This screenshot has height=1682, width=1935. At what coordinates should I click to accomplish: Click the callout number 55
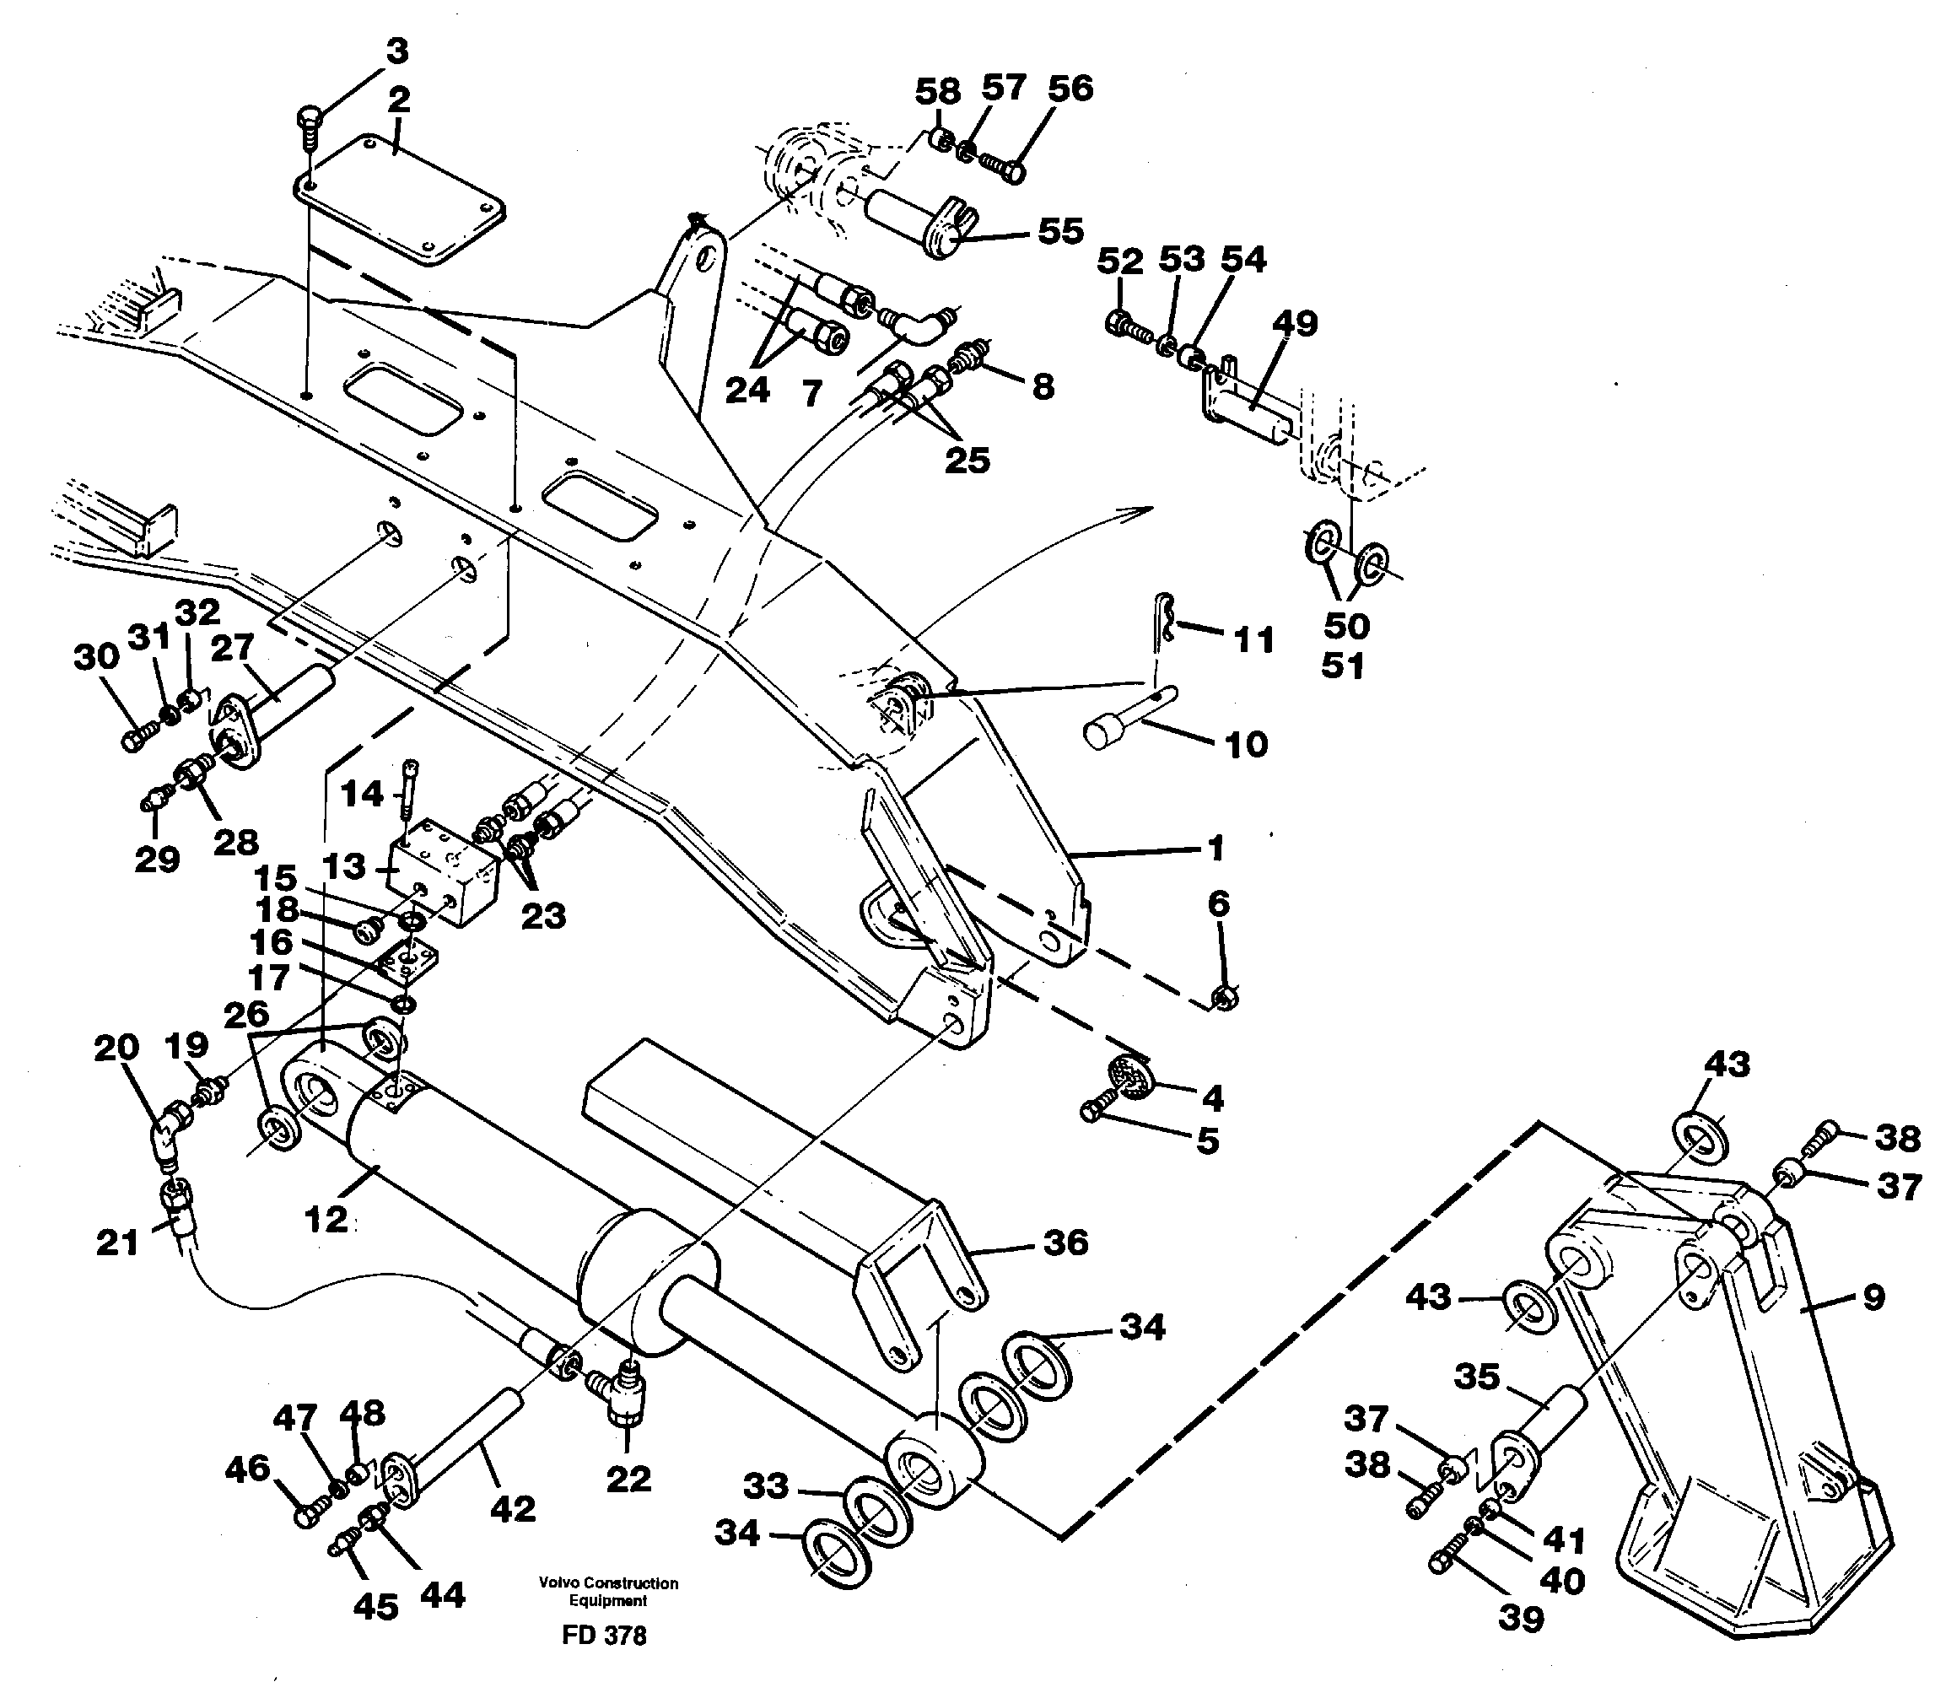point(1059,231)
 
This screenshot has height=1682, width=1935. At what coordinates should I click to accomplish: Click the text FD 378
point(603,1636)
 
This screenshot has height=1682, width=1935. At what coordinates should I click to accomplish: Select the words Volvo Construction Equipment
point(607,1591)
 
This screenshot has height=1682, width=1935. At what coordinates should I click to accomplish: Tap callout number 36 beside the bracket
point(1065,1243)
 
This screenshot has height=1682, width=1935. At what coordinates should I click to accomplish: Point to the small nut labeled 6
point(1224,1000)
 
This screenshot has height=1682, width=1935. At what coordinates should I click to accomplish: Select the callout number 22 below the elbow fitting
point(628,1480)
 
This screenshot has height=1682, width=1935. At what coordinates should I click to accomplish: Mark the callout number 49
point(1294,323)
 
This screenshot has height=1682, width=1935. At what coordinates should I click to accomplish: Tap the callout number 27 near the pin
point(232,648)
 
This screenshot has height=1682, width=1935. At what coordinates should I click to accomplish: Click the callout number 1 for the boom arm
point(1215,849)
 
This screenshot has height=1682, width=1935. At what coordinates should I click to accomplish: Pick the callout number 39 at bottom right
point(1519,1618)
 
